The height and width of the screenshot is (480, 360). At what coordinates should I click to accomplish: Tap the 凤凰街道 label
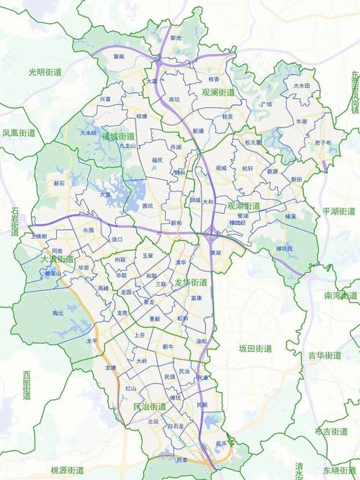pos(19,133)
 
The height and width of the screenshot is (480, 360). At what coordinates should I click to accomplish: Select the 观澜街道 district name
pos(218,92)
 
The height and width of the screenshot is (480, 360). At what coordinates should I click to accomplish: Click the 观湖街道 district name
pos(243,206)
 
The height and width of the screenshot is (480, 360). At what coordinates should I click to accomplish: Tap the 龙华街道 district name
pos(191,281)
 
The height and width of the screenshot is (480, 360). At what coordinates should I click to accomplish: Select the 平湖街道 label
pos(339,212)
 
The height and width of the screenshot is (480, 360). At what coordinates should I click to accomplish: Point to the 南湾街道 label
pos(341,296)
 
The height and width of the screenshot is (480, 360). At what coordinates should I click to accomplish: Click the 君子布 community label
pos(323,143)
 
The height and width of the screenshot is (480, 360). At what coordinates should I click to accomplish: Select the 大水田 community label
pos(301,85)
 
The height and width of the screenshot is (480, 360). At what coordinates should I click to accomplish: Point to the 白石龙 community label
pos(176,427)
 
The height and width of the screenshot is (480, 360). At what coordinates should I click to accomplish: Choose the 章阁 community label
pos(119,55)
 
